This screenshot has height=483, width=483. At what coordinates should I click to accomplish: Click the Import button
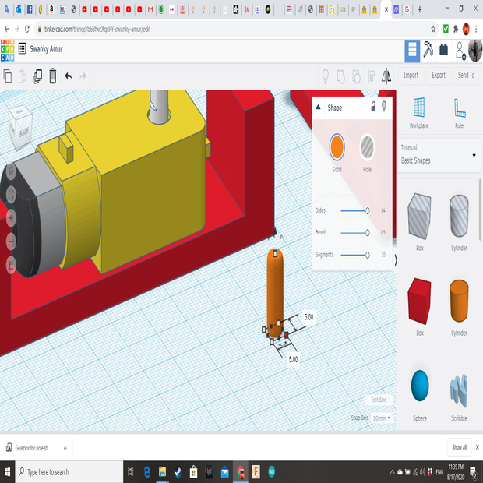[x=411, y=76]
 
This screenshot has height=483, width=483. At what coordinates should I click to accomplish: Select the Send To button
[x=466, y=76]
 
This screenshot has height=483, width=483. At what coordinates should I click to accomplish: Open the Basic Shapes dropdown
[x=439, y=156]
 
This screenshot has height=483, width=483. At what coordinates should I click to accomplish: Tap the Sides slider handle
[x=367, y=210]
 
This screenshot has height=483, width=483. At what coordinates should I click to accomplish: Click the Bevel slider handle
[x=367, y=232]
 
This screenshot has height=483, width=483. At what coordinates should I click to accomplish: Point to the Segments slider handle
[x=367, y=255]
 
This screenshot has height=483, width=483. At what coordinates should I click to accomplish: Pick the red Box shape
[x=419, y=300]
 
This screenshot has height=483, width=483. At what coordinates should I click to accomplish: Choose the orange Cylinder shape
[x=459, y=300]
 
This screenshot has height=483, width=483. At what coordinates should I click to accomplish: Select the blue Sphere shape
[x=420, y=385]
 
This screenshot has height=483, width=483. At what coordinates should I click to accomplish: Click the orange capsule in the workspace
[x=274, y=288]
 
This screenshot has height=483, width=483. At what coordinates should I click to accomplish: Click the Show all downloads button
[x=460, y=447]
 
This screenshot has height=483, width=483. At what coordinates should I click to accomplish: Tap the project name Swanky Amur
[x=46, y=49]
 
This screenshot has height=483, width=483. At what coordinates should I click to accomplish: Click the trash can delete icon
[x=52, y=76]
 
